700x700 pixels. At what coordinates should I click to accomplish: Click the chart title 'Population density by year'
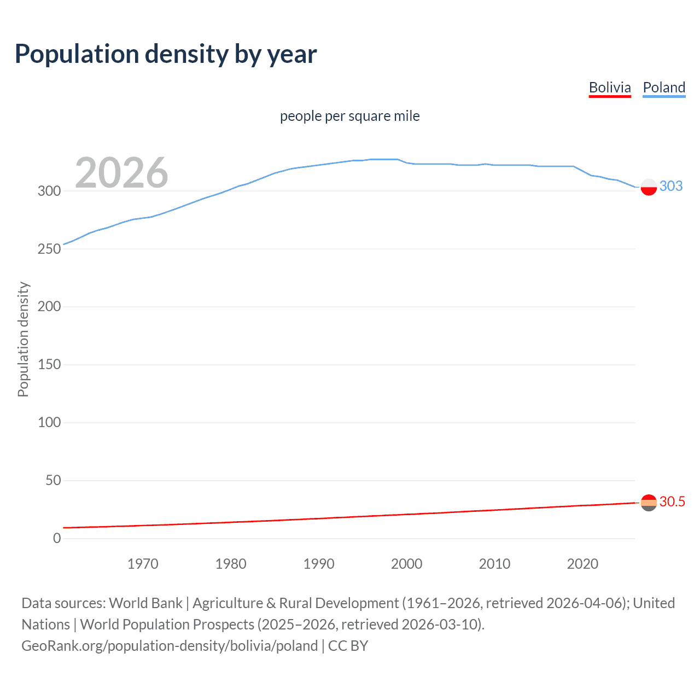[x=166, y=54]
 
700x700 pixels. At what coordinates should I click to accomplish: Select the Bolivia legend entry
[x=610, y=87]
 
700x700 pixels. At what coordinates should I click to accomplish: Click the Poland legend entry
[x=664, y=87]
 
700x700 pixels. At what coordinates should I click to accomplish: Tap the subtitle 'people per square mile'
[x=349, y=116]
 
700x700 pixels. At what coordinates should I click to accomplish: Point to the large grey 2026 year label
[x=121, y=173]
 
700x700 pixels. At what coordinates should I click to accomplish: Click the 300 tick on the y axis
[x=49, y=191]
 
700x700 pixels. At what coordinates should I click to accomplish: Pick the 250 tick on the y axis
[x=49, y=249]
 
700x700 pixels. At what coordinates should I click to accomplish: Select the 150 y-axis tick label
[x=49, y=364]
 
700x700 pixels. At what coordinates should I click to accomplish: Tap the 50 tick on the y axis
[x=53, y=480]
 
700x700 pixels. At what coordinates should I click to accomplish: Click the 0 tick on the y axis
[x=57, y=538]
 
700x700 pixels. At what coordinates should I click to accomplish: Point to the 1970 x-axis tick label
[x=143, y=564]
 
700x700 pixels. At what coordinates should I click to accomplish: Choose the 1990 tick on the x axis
[x=319, y=564]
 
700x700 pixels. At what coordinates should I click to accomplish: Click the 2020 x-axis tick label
[x=582, y=564]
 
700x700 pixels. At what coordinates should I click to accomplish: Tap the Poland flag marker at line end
[x=649, y=186]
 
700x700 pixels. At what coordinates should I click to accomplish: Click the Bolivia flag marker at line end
[x=649, y=503]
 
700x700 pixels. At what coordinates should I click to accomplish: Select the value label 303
[x=671, y=186]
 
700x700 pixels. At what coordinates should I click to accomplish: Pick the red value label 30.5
[x=672, y=501]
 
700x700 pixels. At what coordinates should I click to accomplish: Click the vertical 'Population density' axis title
[x=23, y=339]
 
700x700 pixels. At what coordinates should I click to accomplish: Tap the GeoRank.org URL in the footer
[x=170, y=645]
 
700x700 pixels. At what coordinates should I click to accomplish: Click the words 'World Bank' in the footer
[x=145, y=603]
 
